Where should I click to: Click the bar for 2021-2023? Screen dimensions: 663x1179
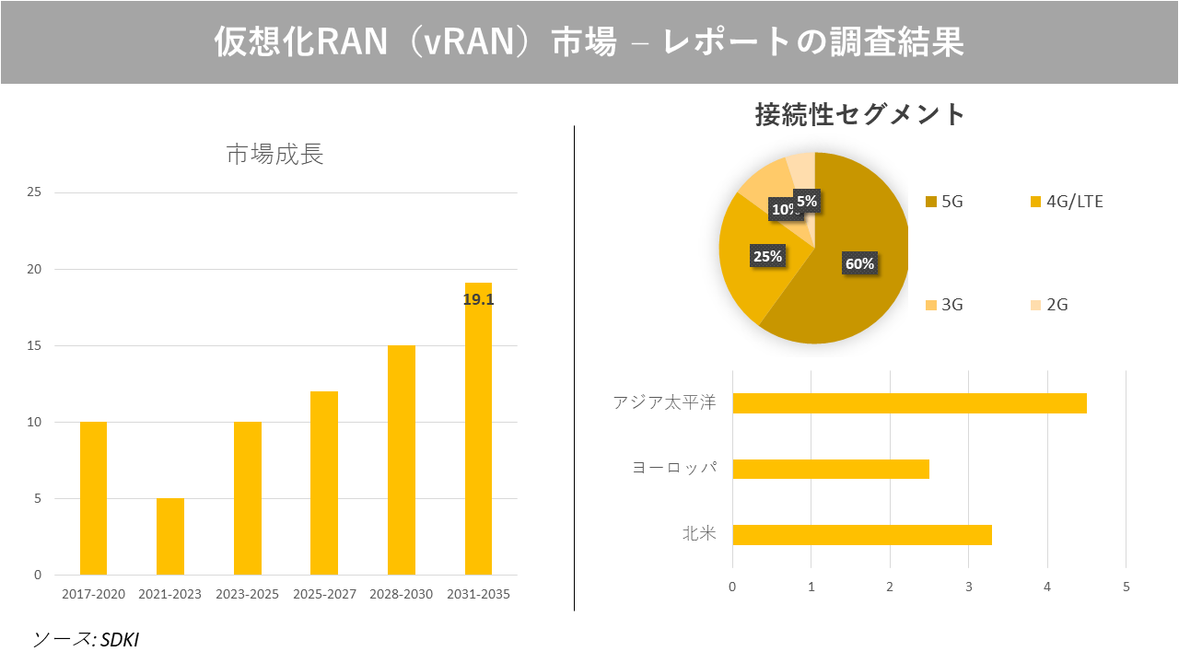[x=170, y=537]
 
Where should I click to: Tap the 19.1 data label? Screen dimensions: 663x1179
[x=478, y=299]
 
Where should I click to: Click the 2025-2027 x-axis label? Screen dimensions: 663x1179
[x=324, y=595]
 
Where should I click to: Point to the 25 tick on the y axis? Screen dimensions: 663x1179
[x=34, y=192]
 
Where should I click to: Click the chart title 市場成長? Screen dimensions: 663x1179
[x=274, y=155]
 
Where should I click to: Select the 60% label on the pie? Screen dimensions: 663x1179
[x=859, y=264]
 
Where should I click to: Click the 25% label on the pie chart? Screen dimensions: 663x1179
[x=767, y=257]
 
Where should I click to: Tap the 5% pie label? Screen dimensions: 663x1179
[x=806, y=201]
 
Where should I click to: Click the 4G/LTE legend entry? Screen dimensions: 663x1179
[x=1066, y=202]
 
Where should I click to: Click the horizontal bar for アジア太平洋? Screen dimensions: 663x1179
[x=909, y=403]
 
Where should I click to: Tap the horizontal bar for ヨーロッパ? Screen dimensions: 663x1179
[x=831, y=469]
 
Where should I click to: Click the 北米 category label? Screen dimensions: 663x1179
[x=699, y=534]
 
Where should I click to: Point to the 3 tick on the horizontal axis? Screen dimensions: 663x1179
[x=968, y=587]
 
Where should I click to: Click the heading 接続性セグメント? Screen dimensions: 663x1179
[x=860, y=115]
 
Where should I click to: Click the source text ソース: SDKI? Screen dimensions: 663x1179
[x=86, y=639]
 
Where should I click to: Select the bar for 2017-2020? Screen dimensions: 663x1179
[x=93, y=498]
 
